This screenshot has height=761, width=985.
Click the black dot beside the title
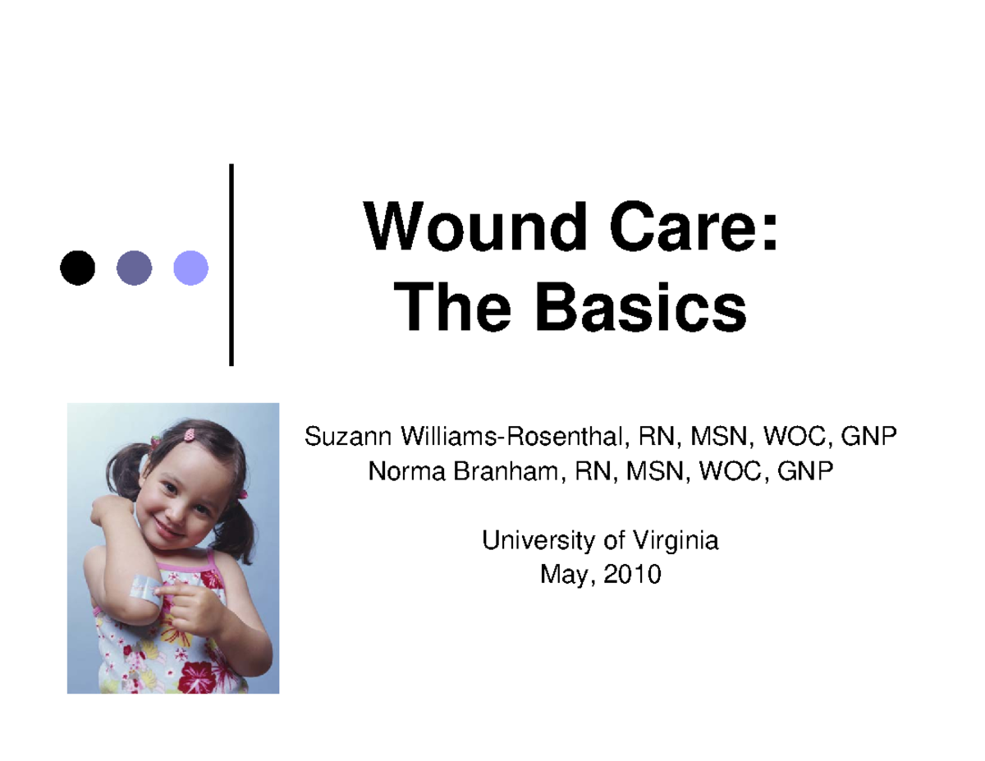click(x=77, y=268)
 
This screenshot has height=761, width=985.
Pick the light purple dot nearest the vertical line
click(x=190, y=268)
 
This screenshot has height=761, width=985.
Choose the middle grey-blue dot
click(x=134, y=268)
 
